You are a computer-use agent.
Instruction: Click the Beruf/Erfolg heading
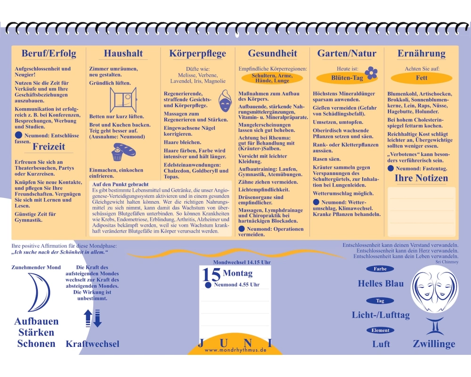click(49, 53)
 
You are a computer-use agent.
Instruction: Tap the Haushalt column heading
click(123, 53)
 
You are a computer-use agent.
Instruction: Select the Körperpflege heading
click(198, 54)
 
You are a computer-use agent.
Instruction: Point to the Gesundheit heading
click(272, 53)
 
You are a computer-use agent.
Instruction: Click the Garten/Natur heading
click(347, 53)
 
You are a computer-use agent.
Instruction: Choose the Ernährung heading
click(422, 53)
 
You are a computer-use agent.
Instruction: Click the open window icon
click(123, 99)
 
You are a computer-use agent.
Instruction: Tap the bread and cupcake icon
click(123, 152)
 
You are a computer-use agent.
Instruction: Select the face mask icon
click(225, 101)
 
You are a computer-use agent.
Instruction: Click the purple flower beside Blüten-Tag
click(371, 73)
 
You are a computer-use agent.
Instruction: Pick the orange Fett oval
click(422, 78)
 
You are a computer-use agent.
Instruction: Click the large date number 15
click(211, 274)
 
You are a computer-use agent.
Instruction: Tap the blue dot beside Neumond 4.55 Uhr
click(208, 285)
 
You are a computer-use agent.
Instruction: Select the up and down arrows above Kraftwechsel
click(92, 318)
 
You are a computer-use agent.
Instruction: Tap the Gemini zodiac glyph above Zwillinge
click(434, 326)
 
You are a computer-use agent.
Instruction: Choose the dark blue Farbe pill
click(380, 269)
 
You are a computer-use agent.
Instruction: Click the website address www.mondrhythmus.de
click(235, 350)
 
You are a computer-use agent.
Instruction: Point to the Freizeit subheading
click(49, 147)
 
